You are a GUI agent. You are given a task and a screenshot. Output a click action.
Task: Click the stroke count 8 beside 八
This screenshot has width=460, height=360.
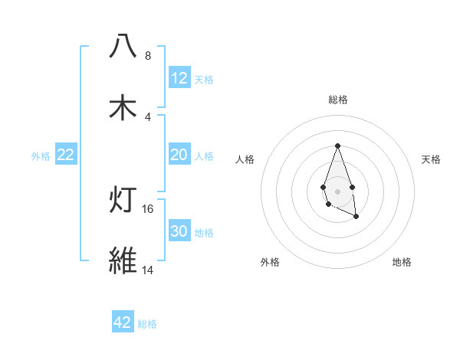click(x=147, y=56)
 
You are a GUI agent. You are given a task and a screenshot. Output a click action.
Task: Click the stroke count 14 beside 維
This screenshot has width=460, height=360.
click(x=148, y=270)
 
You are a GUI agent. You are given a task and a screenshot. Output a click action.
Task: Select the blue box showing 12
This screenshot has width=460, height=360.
click(x=179, y=77)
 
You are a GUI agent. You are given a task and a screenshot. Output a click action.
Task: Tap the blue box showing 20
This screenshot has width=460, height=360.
click(x=179, y=155)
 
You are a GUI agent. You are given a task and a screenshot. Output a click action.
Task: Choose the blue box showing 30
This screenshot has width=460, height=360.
click(x=179, y=231)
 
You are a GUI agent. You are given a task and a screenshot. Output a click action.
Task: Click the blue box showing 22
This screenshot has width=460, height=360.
click(x=66, y=155)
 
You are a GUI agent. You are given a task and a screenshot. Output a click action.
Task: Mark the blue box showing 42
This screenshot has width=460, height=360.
click(x=123, y=322)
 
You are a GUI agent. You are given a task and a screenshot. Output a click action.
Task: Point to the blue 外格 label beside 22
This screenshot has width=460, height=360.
click(x=41, y=156)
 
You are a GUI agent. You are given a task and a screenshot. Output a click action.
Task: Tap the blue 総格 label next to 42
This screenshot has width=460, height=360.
click(x=147, y=324)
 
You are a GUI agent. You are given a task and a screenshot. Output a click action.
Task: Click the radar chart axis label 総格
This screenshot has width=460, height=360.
click(x=337, y=100)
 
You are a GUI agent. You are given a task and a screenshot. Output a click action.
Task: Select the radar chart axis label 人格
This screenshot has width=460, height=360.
click(x=245, y=159)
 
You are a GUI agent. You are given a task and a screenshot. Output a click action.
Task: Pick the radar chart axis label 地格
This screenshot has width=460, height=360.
click(x=402, y=262)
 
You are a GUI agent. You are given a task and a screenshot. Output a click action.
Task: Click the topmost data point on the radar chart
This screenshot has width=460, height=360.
click(x=337, y=146)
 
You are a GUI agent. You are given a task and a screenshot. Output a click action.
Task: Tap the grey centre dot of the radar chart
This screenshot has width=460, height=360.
click(x=337, y=190)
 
